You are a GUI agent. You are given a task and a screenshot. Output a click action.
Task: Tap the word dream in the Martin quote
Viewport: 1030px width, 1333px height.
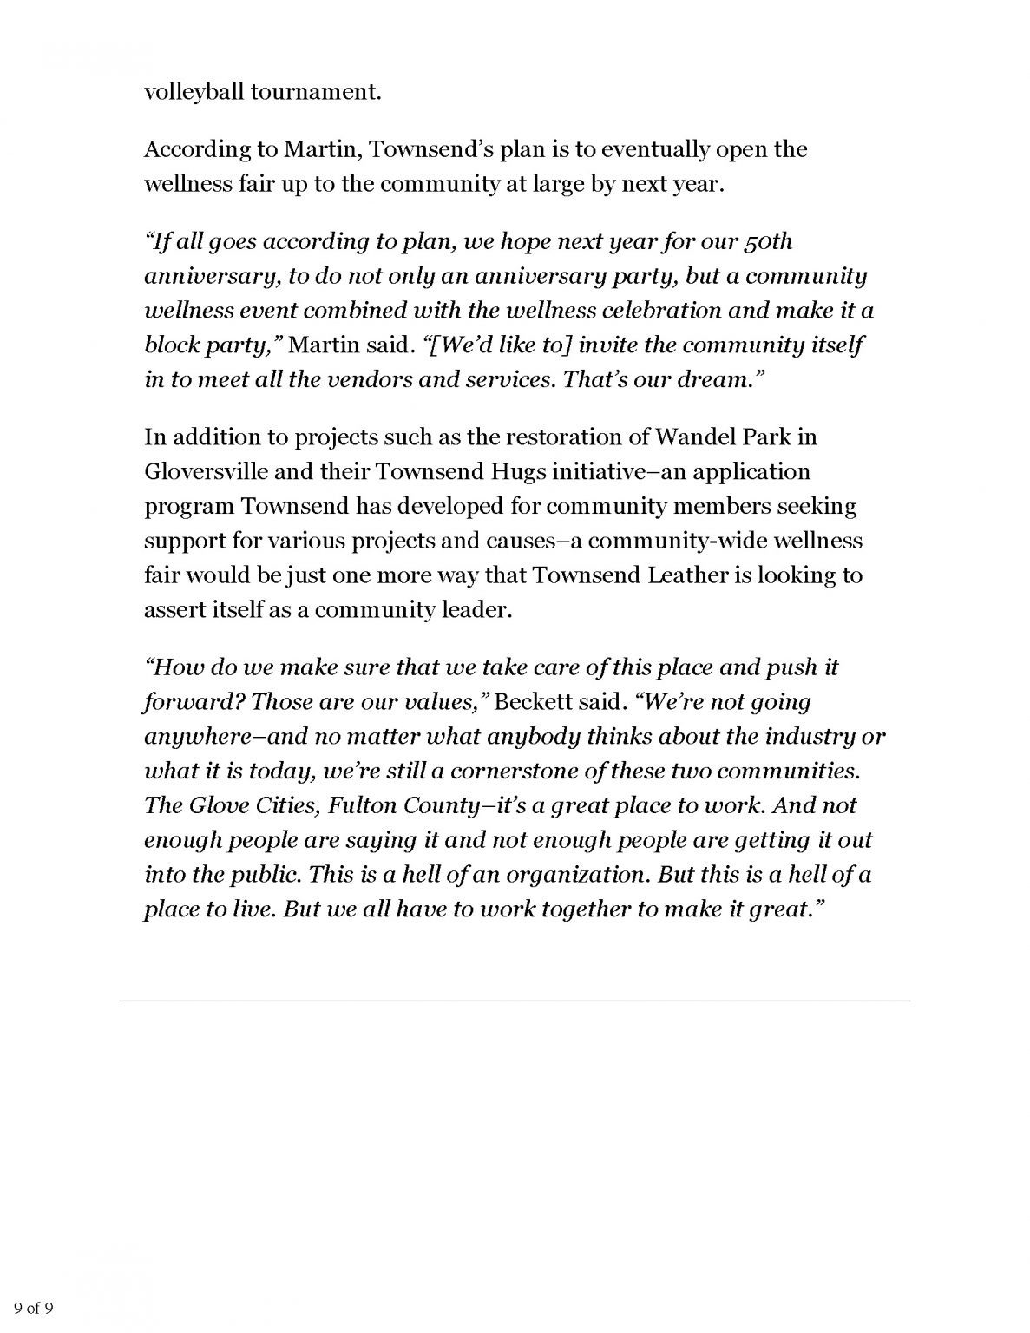712,379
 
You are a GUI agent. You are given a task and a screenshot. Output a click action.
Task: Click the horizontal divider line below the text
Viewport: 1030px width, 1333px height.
515,1001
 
